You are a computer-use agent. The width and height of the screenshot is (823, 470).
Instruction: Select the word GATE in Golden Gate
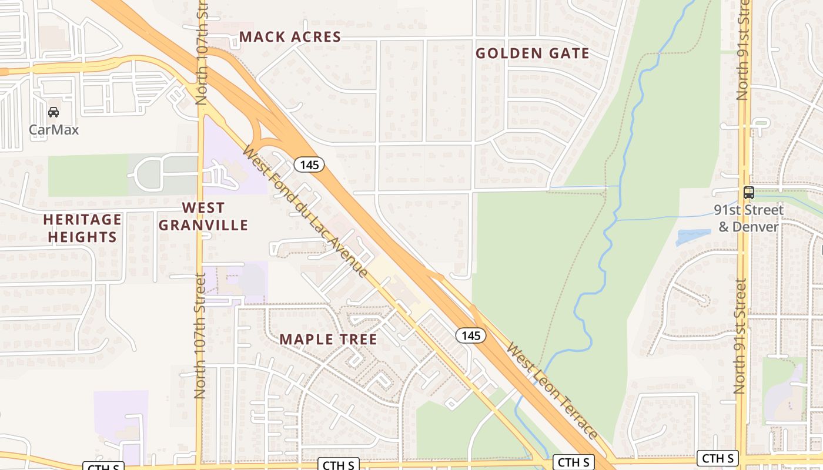[x=568, y=53]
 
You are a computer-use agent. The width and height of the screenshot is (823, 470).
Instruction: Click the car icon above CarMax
[x=53, y=112]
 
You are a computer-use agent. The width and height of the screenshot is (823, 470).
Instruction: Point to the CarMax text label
[x=53, y=129]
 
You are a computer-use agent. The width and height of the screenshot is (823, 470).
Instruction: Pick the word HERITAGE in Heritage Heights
[x=82, y=220]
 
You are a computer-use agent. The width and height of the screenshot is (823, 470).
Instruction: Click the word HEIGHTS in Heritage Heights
[x=82, y=237]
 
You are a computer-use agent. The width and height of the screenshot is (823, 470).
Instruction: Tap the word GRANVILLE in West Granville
[x=203, y=225]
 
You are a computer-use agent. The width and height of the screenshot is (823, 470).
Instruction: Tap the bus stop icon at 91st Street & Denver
[x=748, y=192]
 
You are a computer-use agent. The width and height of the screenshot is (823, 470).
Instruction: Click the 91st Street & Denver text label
[x=748, y=219]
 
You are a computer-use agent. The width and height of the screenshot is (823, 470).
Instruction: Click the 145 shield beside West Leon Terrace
[x=471, y=336]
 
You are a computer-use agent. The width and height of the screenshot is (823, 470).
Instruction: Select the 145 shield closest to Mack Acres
[x=309, y=165]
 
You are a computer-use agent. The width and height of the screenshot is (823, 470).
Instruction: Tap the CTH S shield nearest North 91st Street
[x=717, y=458]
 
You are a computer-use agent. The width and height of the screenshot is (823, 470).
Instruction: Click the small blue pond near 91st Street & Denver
[x=693, y=237]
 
